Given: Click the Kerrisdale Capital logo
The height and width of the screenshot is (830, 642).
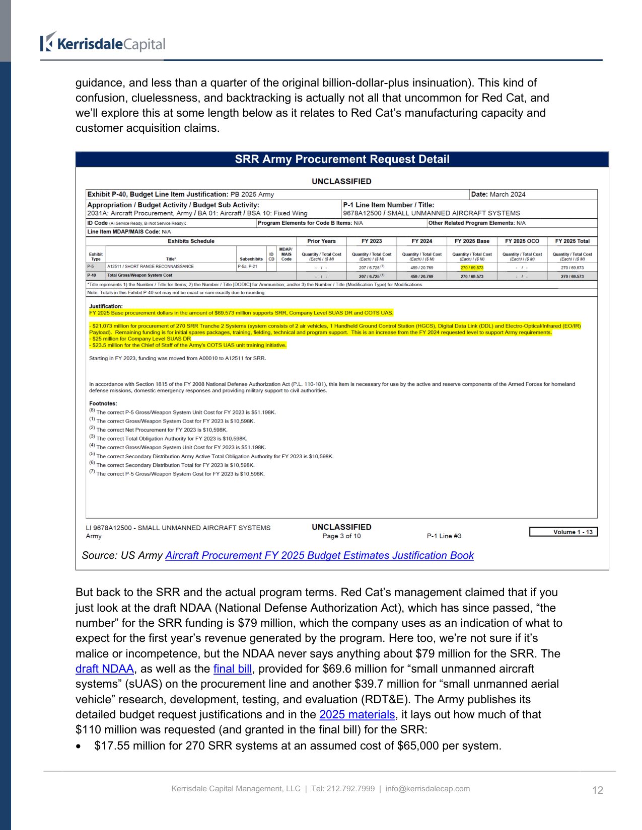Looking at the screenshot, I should coord(103,43).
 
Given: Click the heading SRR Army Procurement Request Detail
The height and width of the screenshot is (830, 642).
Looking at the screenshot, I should coord(342,159).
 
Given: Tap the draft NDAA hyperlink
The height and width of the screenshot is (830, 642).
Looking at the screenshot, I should coord(105,669).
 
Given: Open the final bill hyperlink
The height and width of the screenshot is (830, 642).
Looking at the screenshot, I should coord(232,669).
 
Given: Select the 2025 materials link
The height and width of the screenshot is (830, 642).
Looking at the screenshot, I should coord(357,715).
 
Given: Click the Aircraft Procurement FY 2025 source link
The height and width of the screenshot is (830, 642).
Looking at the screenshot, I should coord(319,555).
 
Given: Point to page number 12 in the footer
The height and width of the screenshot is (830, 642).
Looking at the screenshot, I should coord(597,790).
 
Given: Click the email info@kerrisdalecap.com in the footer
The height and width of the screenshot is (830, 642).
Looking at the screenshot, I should coord(427,789).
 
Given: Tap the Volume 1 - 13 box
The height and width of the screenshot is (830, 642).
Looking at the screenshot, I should coord(563,532).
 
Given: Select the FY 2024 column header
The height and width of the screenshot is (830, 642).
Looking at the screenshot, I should coord(422,241).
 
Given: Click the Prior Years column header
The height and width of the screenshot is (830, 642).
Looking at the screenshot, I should coord(321,241).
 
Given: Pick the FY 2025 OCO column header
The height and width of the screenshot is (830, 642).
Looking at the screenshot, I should coord(522,241).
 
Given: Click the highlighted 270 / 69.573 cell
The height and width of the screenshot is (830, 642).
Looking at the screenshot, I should coord(472,268).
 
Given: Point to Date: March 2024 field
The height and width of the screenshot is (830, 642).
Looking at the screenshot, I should coord(498,195).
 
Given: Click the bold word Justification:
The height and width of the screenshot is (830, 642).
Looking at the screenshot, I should coord(106,306).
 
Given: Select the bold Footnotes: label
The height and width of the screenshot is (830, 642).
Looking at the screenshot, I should coord(103,403).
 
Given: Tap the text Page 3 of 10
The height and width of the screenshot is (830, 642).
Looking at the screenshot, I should coord(341,536).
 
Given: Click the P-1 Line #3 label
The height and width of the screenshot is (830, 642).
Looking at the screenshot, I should coord(444,536).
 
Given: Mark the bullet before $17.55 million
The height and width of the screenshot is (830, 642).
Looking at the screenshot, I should coord(78,746).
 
